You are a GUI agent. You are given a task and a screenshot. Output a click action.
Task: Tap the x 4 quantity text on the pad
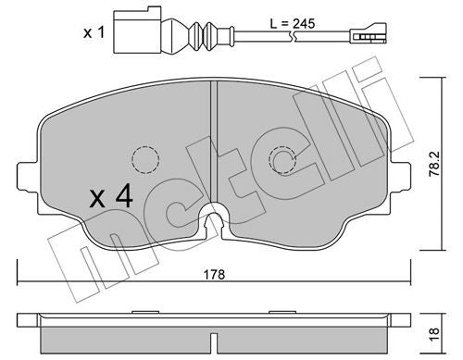tap(108, 197)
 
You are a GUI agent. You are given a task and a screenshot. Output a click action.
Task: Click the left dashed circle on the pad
tap(144, 160)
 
